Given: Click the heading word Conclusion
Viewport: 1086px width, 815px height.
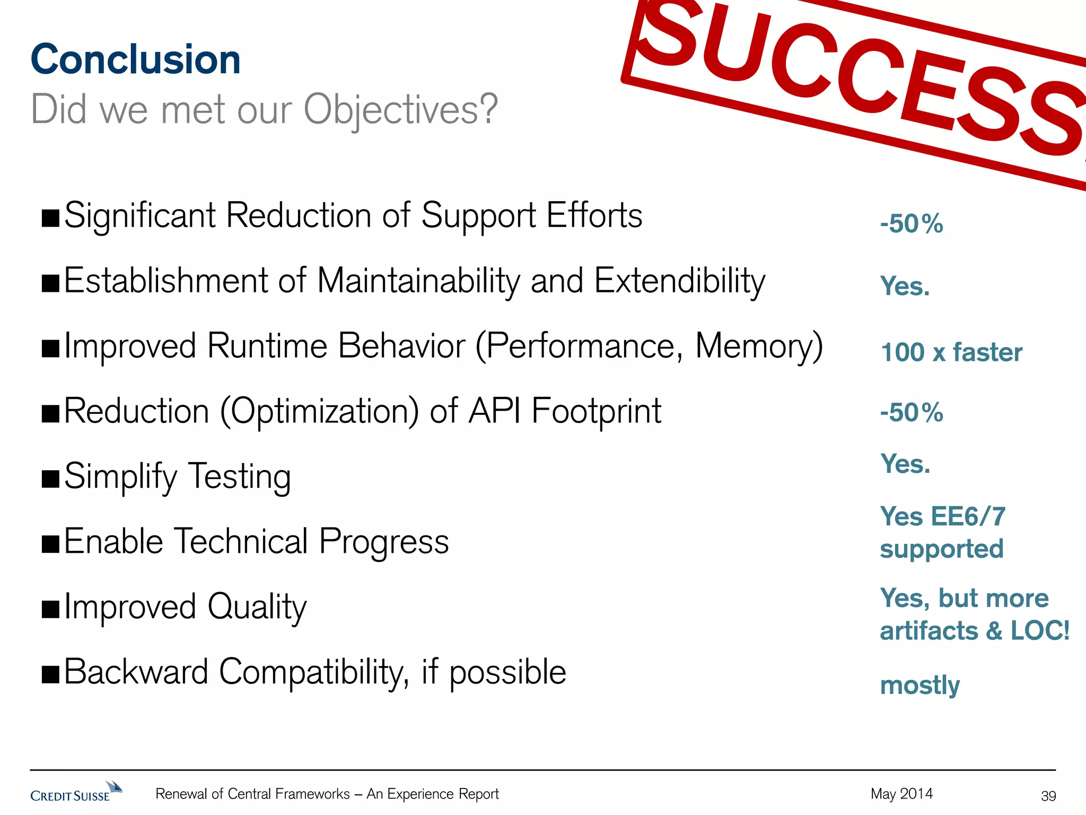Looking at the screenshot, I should point(136,59).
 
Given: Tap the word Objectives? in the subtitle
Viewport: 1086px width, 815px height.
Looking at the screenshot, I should point(401,110).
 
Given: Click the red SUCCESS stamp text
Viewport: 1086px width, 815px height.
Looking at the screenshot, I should point(859,80).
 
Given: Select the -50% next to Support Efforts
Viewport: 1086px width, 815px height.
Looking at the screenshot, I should point(911,223).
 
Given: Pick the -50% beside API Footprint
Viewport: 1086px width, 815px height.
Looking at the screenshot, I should point(911,412).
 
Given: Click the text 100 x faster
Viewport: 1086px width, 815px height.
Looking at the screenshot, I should point(951,352).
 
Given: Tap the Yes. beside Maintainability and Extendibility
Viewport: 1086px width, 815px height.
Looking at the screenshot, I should point(905,287).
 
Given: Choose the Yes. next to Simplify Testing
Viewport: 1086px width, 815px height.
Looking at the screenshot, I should point(905,464).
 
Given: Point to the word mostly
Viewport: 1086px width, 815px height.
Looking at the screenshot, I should point(919,686).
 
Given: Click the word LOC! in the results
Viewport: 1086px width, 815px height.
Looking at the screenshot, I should point(1040,631).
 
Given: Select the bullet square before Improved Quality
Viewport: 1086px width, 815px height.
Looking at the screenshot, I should point(51,610).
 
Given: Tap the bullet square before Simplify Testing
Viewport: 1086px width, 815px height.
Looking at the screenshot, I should point(51,479).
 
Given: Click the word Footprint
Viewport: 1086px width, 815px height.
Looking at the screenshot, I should point(596,412).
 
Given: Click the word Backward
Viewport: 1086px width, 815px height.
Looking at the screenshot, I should point(136,672).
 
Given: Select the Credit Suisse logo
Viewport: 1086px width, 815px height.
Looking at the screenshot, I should point(76,792).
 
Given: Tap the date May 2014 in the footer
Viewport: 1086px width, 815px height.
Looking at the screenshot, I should point(901,794).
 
